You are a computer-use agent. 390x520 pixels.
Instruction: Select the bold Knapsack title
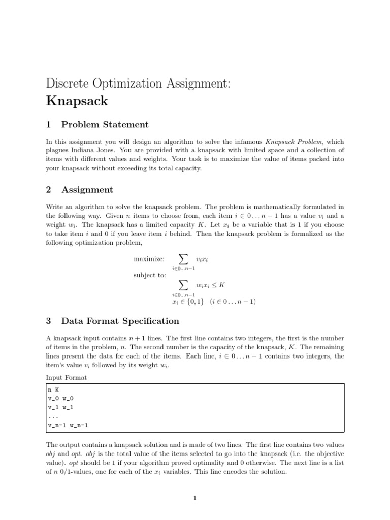click(x=77, y=101)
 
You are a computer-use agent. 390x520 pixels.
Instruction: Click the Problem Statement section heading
click(x=105, y=125)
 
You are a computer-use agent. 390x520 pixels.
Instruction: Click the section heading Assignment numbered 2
click(x=87, y=190)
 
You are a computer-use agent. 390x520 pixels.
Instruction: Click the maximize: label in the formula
click(x=149, y=259)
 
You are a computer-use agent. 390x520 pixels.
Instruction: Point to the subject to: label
click(x=149, y=275)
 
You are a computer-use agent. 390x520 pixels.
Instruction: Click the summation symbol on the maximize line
click(x=183, y=259)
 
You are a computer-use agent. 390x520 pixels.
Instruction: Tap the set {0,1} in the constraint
click(x=193, y=302)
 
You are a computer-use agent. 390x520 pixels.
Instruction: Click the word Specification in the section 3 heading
click(x=149, y=321)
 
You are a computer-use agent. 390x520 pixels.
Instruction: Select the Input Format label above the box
click(x=66, y=377)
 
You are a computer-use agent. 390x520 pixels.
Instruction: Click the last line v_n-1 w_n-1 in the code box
click(x=68, y=425)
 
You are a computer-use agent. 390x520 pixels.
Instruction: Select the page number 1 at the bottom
click(x=195, y=499)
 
